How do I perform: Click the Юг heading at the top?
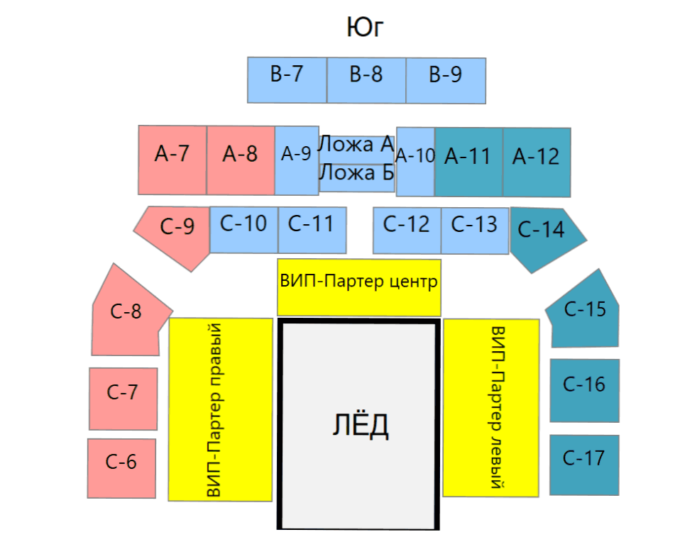365,27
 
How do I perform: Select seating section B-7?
287,80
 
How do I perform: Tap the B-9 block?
446,80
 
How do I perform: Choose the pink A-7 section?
172,160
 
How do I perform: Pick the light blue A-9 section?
297,161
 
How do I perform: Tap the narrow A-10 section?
415,162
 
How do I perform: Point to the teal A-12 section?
537,162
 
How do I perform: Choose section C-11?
312,230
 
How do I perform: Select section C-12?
407,231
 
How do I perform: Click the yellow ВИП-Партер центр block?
359,287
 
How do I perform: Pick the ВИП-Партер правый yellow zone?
221,409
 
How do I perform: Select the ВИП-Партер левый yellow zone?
491,408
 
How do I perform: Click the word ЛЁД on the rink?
361,426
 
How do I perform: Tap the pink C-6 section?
121,469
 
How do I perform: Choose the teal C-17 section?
584,465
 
